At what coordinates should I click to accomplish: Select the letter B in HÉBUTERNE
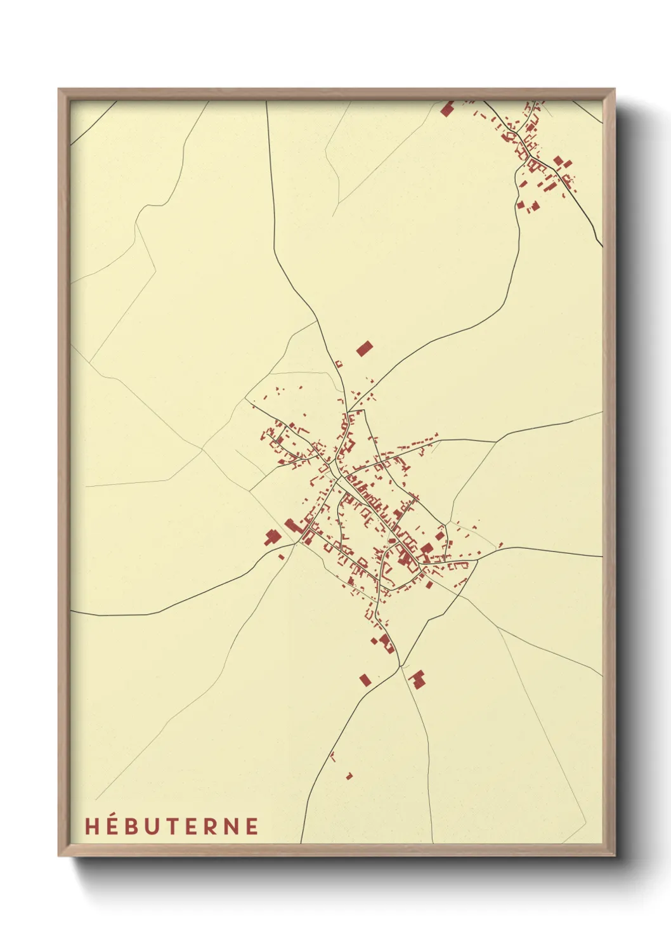[134, 826]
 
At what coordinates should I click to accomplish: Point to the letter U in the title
[157, 826]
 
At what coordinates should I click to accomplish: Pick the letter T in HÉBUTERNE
[178, 826]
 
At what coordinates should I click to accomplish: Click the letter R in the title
[216, 826]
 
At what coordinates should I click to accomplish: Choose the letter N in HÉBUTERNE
[234, 826]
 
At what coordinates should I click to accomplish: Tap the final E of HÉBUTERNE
[253, 826]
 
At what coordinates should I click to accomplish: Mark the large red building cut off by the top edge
[447, 109]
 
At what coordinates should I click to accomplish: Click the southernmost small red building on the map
[349, 776]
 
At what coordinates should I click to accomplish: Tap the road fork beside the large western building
[296, 542]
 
